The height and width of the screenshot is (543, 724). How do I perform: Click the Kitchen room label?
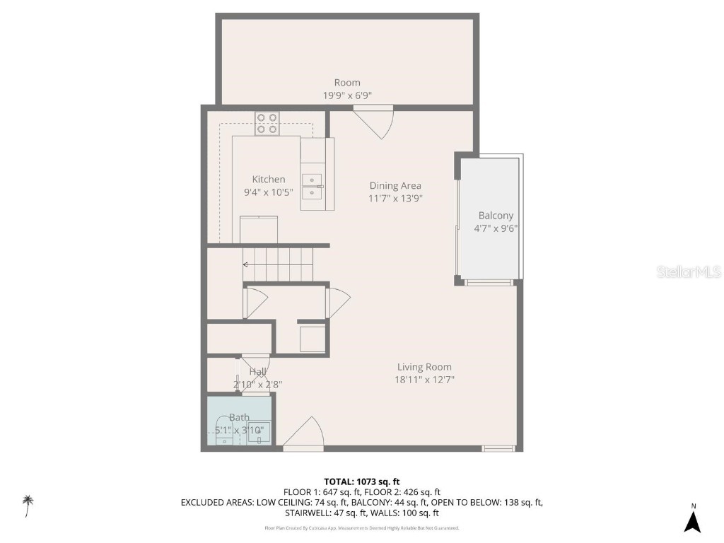click(269, 180)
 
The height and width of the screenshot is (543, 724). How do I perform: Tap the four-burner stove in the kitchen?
click(267, 124)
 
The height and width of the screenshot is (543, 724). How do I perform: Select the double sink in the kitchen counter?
click(312, 186)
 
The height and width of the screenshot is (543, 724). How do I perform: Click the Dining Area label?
click(395, 186)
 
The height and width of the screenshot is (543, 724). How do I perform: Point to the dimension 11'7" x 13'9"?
click(395, 199)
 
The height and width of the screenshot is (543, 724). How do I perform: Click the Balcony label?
click(496, 216)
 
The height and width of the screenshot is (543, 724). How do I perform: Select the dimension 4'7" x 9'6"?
click(496, 228)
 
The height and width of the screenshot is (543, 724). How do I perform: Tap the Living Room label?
click(424, 367)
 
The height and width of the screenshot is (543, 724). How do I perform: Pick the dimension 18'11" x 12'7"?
click(424, 380)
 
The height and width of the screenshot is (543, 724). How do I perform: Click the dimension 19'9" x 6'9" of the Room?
click(347, 95)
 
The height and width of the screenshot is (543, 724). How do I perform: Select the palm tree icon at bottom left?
click(28, 505)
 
